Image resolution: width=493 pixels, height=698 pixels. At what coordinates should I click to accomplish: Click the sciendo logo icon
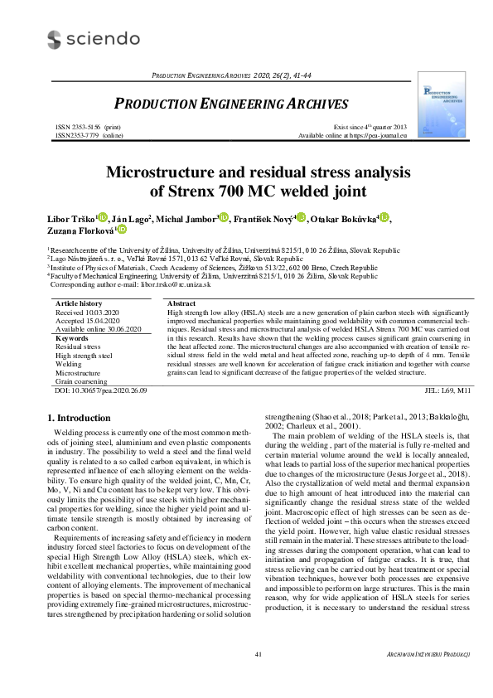[x=54, y=39]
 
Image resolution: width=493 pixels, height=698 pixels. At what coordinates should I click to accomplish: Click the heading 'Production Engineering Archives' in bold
[x=230, y=104]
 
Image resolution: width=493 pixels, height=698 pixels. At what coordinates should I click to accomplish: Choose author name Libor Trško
[x=72, y=219]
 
